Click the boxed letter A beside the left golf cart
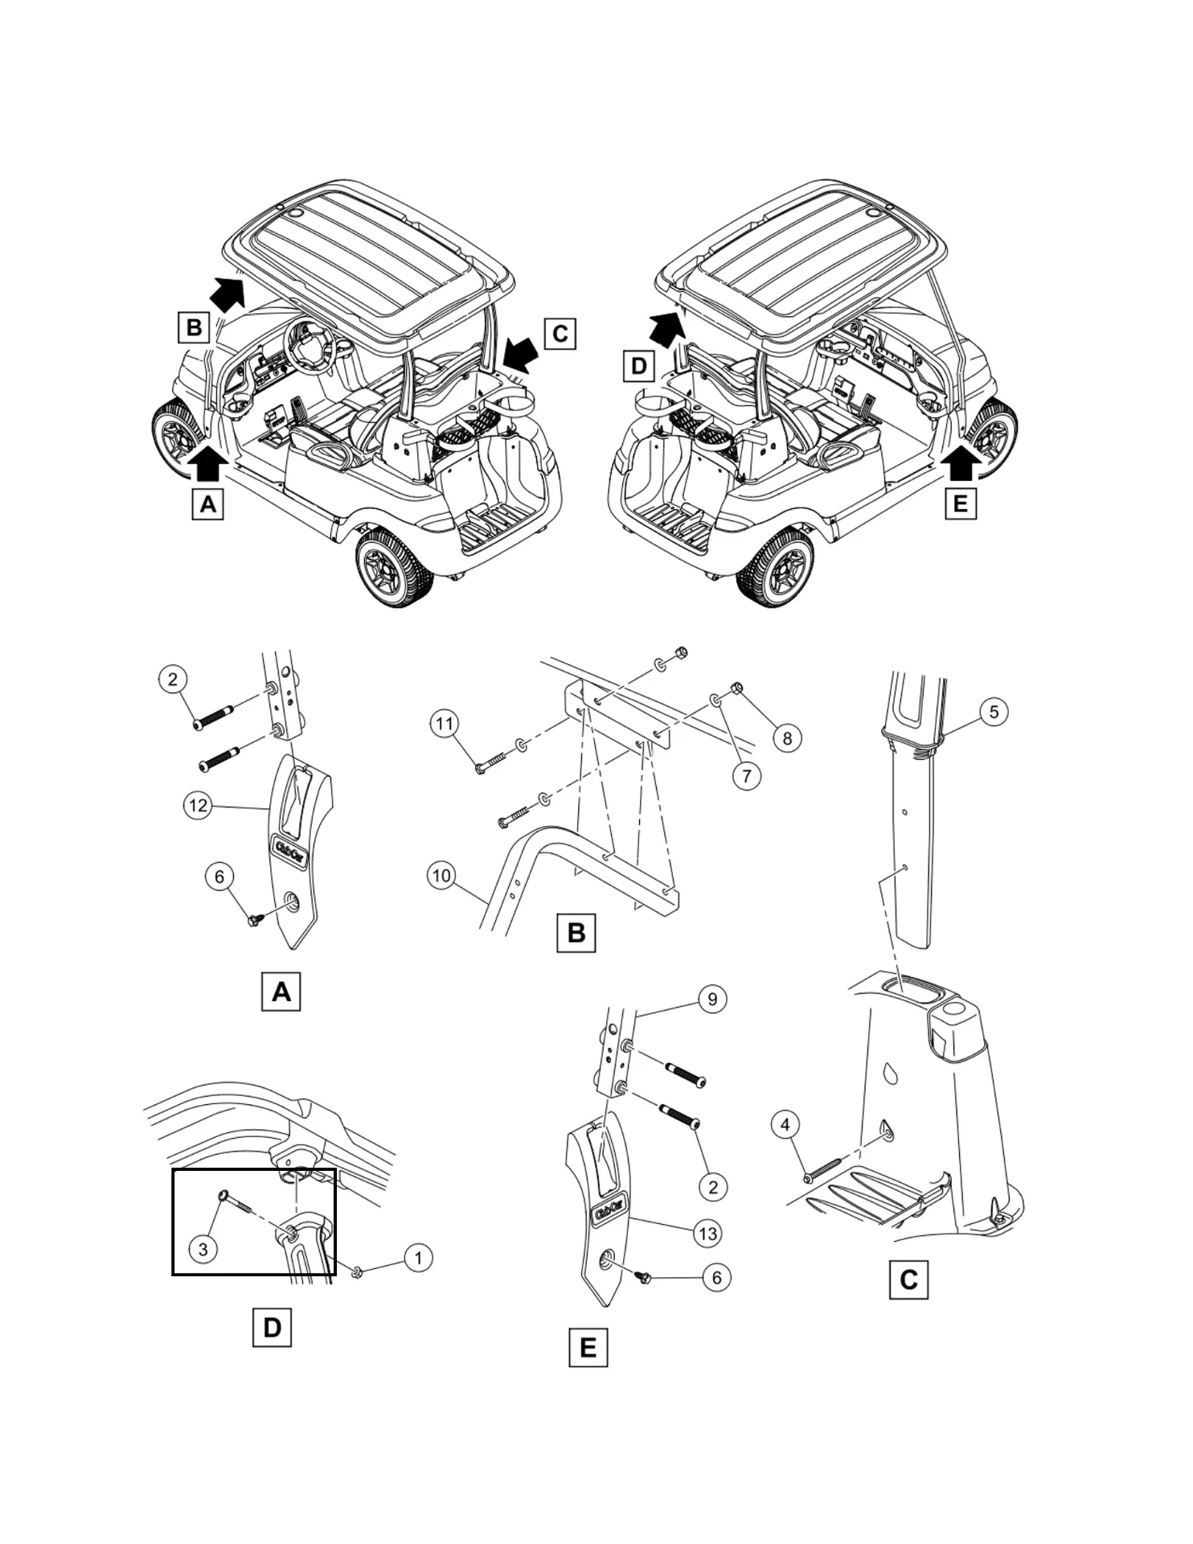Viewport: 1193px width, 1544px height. [x=207, y=504]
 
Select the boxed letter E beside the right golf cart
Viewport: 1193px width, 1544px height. [x=960, y=504]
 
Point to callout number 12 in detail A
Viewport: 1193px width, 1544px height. [x=198, y=805]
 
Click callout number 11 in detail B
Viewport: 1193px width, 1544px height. [x=445, y=724]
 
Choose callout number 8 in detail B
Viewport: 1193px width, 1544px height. [x=787, y=738]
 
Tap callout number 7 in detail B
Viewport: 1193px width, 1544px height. [x=747, y=775]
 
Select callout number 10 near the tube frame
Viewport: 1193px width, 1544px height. [x=442, y=875]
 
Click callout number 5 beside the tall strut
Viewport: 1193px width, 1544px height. [x=994, y=712]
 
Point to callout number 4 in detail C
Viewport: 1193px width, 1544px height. [x=785, y=1124]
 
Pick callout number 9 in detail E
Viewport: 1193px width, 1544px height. [x=712, y=999]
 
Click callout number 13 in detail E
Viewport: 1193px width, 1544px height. [x=707, y=1234]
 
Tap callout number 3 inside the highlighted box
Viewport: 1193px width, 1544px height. [x=203, y=1249]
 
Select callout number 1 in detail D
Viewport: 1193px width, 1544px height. [x=418, y=1258]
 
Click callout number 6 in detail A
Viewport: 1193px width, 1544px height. [x=219, y=876]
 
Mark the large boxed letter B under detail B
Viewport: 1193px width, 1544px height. [x=576, y=933]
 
